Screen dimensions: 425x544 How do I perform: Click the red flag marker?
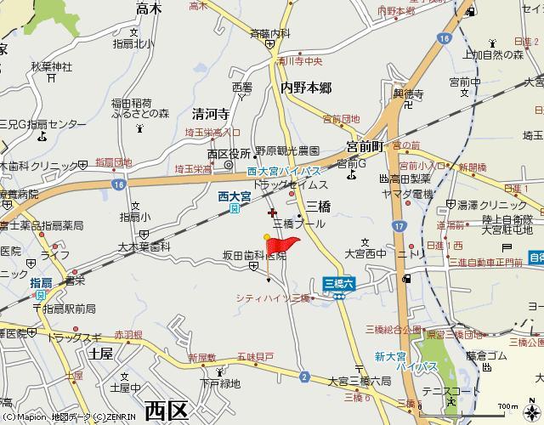click(283, 246)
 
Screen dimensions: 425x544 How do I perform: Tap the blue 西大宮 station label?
click(235, 196)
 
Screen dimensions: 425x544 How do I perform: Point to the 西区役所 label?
click(229, 154)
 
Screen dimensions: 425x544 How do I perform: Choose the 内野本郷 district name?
click(306, 88)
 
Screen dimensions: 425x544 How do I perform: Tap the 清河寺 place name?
click(211, 113)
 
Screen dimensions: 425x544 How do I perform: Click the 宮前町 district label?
click(365, 145)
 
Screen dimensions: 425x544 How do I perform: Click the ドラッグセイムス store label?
click(290, 184)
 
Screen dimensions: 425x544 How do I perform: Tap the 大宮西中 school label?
click(365, 253)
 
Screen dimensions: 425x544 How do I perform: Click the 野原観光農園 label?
click(288, 150)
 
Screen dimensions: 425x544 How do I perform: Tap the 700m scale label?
click(507, 406)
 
